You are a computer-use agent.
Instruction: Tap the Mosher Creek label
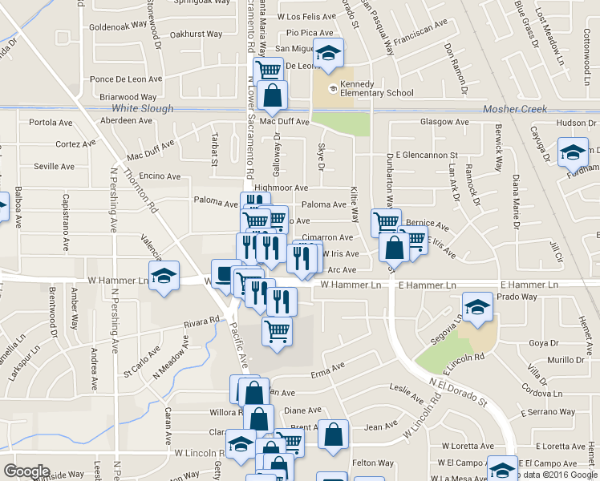(515, 109)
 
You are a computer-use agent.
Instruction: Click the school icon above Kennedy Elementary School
(327, 54)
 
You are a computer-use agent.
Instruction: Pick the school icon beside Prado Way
(477, 307)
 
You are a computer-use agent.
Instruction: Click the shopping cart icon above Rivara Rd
(277, 329)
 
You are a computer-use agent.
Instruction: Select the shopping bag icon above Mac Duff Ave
(273, 95)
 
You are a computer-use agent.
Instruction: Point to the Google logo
(26, 471)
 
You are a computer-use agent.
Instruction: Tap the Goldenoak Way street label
(116, 26)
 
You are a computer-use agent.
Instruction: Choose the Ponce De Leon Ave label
(126, 79)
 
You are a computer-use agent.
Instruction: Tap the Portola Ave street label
(51, 123)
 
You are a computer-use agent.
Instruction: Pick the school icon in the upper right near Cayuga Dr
(574, 153)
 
